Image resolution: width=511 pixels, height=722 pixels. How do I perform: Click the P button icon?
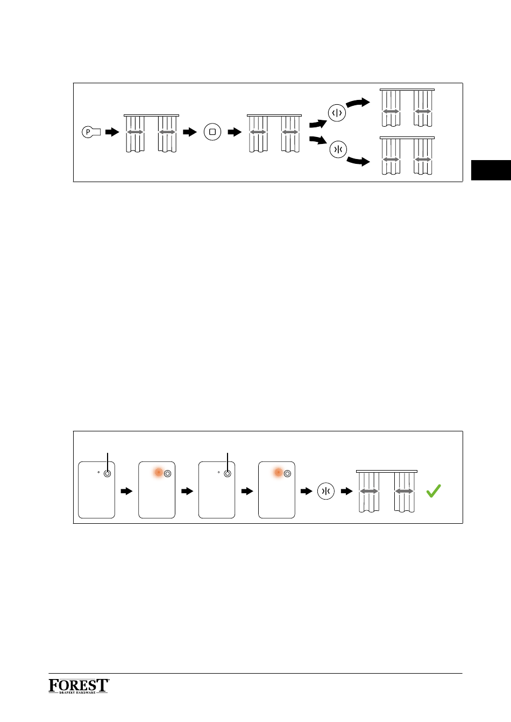[91, 132]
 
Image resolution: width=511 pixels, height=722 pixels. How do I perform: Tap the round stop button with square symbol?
[212, 132]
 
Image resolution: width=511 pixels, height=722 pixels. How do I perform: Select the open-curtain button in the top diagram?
[337, 113]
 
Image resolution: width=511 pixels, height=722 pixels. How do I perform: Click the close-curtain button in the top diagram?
[338, 149]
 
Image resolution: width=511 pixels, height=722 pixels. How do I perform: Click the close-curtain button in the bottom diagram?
[326, 491]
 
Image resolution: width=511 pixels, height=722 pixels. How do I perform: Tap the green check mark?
[434, 491]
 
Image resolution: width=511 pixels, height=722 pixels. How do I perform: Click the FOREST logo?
[79, 686]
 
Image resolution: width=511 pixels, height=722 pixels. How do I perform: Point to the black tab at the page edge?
[491, 170]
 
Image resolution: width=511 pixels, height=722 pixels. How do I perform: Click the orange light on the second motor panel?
[158, 473]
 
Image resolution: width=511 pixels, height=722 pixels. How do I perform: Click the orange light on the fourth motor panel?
[278, 473]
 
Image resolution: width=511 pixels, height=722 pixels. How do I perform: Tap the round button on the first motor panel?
[108, 473]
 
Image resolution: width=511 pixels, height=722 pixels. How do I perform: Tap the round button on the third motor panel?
[228, 473]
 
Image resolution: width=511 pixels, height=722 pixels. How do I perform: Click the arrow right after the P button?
[112, 132]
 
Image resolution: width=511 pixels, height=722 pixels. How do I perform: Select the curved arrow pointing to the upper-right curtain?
[358, 103]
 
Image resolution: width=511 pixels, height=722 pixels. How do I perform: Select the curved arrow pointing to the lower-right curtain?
[358, 161]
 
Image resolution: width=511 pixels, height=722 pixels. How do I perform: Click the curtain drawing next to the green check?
[387, 491]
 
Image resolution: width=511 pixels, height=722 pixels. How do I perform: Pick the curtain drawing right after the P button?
[151, 133]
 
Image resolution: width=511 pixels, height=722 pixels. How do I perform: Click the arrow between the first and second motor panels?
[126, 491]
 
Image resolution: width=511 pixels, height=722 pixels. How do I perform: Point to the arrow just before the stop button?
[190, 132]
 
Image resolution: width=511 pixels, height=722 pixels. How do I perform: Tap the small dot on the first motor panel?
[98, 472]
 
